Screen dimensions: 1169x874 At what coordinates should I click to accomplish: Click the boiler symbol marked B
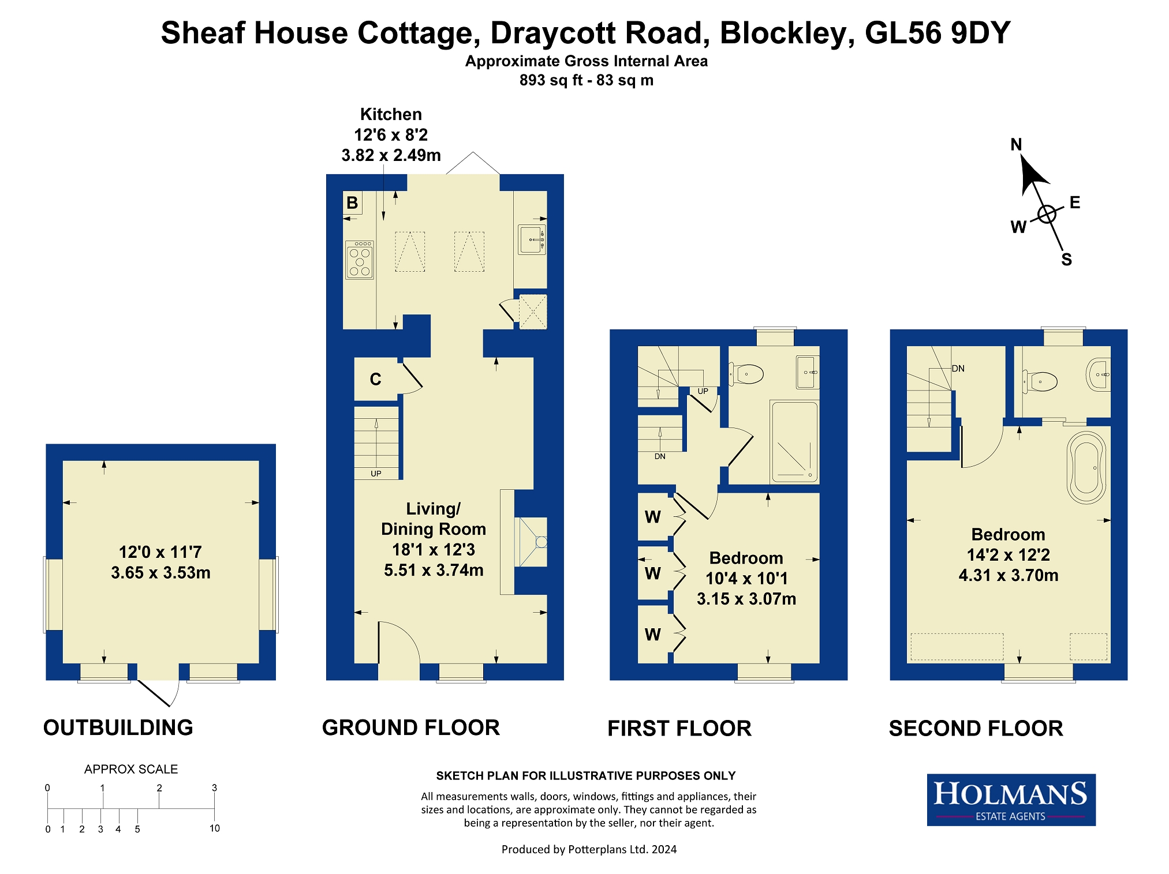(352, 202)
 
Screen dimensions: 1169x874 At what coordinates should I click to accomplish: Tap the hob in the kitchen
(360, 260)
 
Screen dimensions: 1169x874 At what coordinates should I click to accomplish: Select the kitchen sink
(532, 239)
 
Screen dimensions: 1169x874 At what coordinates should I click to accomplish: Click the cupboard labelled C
(376, 379)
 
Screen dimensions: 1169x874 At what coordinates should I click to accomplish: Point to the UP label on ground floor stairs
(376, 474)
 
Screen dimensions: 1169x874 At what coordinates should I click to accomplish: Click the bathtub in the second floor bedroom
(1086, 467)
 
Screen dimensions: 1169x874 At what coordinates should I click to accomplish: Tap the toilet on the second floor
(1040, 381)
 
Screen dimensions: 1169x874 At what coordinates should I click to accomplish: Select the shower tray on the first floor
(795, 442)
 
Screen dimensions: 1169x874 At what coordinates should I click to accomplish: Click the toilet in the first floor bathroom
(746, 374)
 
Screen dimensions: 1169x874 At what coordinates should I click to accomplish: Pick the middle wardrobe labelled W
(653, 573)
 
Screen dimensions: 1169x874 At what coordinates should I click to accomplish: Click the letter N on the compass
(1016, 144)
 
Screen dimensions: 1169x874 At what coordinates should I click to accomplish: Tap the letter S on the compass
(1066, 260)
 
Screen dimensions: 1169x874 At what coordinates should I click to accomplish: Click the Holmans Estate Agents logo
(1011, 800)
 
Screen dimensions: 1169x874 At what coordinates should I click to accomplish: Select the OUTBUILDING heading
(118, 727)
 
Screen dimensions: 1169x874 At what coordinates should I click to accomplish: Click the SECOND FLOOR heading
(976, 728)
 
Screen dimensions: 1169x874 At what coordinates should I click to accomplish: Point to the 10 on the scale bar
(215, 828)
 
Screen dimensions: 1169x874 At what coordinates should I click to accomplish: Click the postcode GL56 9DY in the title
(938, 33)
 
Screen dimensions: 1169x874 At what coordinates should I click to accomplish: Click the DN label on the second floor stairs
(958, 369)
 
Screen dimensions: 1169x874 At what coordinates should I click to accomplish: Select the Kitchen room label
(391, 114)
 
